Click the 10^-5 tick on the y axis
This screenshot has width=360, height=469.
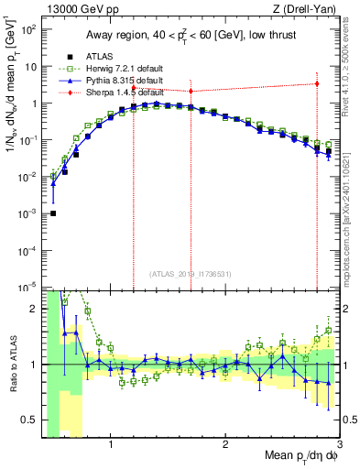click(27, 288)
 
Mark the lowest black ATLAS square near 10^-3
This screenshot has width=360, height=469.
click(53, 213)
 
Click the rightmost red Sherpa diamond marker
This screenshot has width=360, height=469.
click(317, 83)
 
